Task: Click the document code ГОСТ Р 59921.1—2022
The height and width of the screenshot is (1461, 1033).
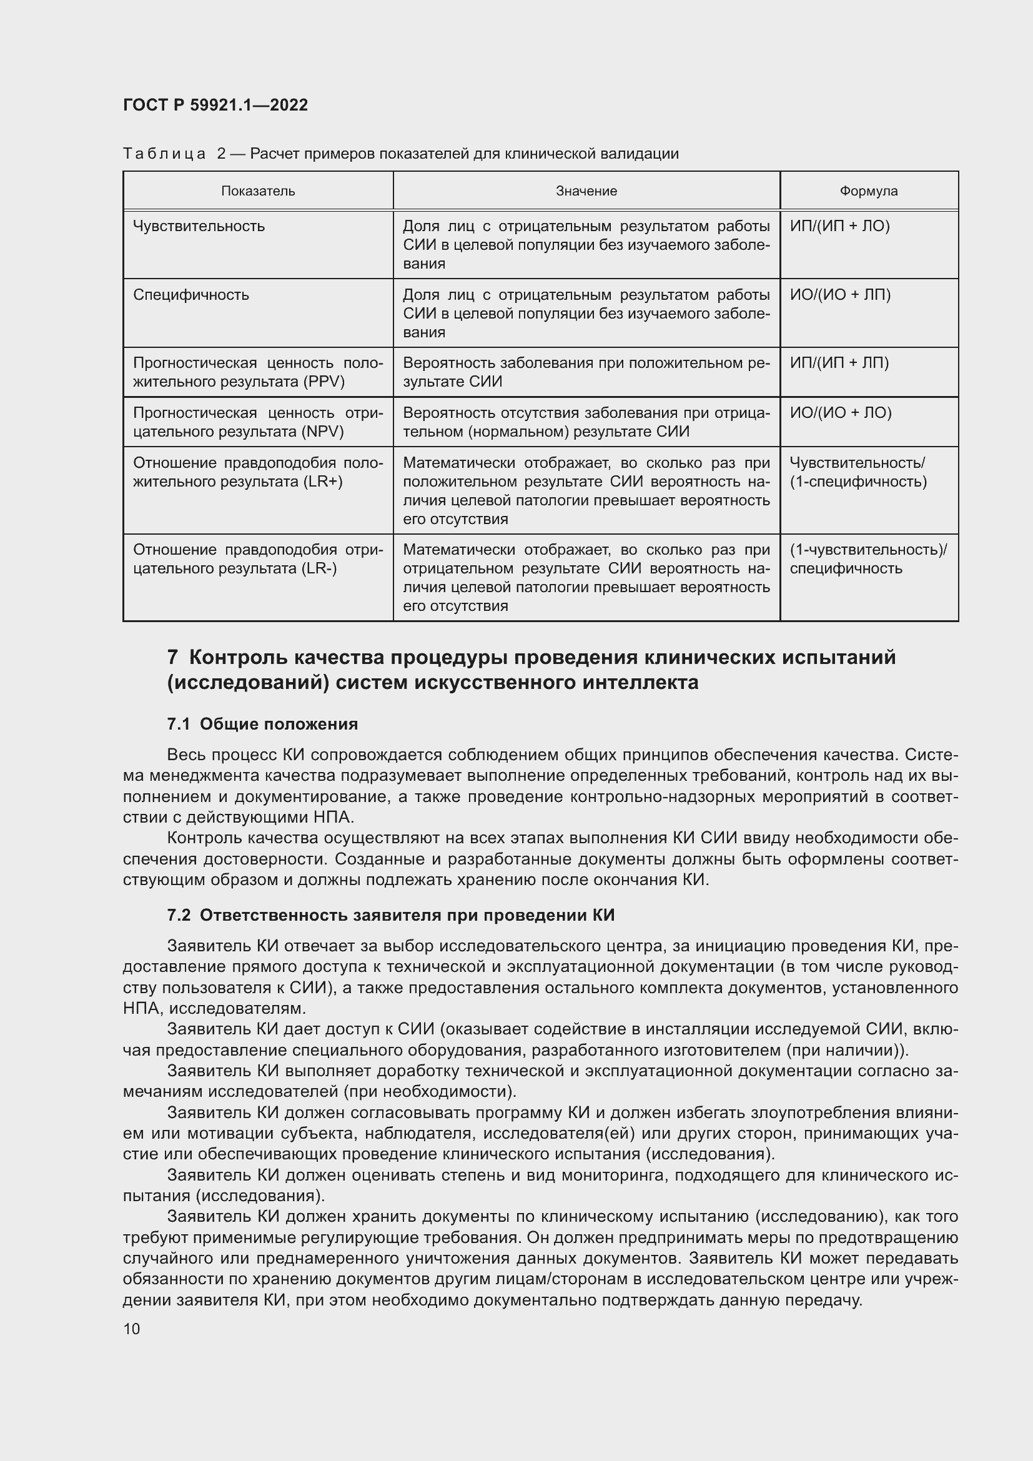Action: point(215,105)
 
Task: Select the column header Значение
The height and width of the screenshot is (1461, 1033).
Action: point(586,191)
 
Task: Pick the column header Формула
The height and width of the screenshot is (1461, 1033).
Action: point(868,191)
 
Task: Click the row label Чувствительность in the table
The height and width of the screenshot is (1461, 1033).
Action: point(199,227)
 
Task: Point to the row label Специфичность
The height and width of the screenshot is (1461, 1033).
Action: point(191,295)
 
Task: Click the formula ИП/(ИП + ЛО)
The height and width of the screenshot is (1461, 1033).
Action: point(839,227)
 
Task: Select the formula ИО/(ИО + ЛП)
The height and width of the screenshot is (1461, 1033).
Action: point(839,295)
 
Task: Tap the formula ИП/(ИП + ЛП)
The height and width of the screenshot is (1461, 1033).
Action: point(839,364)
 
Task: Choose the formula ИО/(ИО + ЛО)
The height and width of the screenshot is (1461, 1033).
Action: point(840,413)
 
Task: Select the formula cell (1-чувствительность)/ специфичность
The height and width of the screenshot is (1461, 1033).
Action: point(867,559)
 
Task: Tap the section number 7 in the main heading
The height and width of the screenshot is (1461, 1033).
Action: point(172,657)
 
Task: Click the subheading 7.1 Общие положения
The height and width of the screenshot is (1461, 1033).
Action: point(262,724)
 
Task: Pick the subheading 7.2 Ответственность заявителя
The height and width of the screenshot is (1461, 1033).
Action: point(390,916)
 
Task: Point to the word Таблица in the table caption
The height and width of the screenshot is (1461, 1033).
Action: point(164,154)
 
